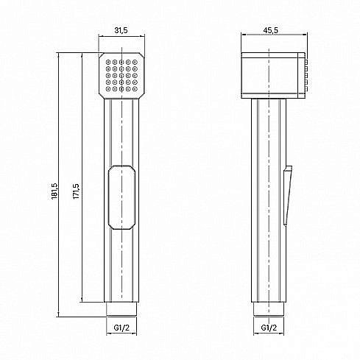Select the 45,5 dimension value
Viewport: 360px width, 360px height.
(x=271, y=30)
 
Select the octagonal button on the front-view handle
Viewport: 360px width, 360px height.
(x=121, y=197)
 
